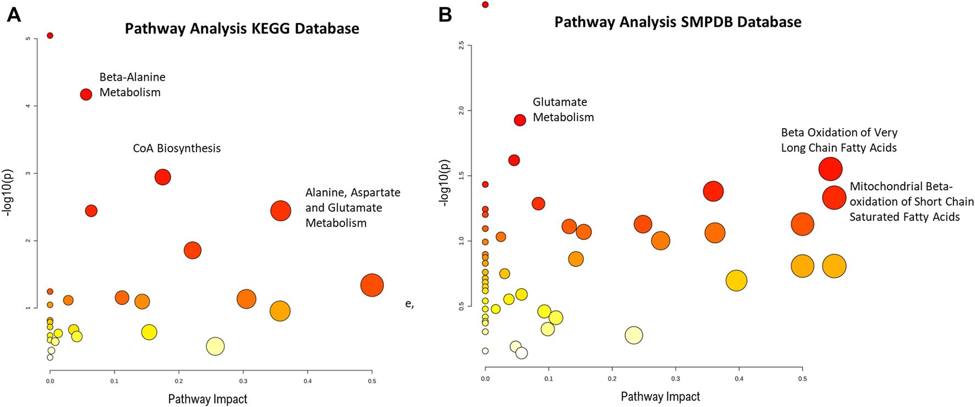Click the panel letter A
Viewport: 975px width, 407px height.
(14, 15)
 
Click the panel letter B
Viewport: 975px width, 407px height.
(445, 15)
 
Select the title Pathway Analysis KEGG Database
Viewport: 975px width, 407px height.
(242, 29)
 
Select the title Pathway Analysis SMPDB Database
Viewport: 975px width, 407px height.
(677, 22)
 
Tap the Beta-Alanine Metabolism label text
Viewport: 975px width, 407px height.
(132, 85)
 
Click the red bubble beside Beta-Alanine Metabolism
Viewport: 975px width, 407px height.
(86, 95)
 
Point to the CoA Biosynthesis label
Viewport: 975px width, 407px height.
(177, 148)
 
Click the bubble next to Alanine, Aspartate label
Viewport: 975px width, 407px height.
(281, 211)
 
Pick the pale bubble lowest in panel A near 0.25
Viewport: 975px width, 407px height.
(215, 346)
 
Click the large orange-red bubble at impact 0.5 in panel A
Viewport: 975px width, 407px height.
(372, 285)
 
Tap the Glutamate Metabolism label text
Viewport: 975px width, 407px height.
(563, 109)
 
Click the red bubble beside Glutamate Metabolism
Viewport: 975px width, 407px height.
(520, 120)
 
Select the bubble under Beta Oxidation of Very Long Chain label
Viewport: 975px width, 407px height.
(830, 169)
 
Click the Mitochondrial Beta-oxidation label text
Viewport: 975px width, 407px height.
(911, 202)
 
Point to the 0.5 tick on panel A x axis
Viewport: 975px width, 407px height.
(372, 381)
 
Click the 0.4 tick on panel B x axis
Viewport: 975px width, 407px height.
(739, 379)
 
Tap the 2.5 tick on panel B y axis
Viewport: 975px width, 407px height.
(462, 45)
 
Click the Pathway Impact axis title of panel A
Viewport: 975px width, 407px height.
(207, 399)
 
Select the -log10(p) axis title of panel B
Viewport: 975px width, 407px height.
(443, 183)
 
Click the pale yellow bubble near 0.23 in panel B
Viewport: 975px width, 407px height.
(634, 335)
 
